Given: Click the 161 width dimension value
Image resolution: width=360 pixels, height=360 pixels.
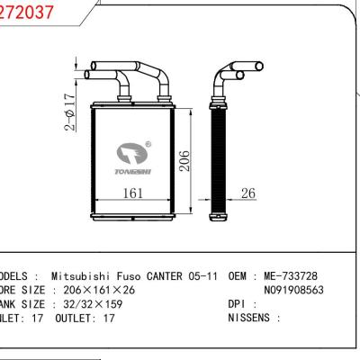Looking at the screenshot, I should point(132,192).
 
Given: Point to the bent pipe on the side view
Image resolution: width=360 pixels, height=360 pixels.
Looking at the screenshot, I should point(221,83).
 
